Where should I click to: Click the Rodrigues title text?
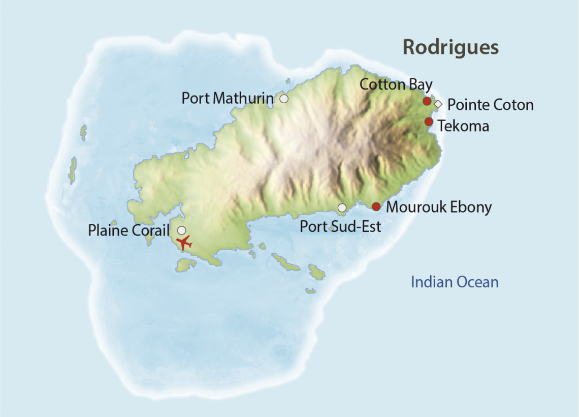coord(451,47)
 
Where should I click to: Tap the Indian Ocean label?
coord(455,282)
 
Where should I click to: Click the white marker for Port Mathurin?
coord(284,99)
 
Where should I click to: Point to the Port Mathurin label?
coord(227,98)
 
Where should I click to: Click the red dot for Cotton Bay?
coord(427,101)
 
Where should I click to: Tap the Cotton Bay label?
coord(396,84)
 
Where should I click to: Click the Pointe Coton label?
coord(490,105)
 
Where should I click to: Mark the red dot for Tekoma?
coord(429,122)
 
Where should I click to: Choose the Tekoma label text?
coord(463,126)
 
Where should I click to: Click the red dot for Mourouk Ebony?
coord(376,206)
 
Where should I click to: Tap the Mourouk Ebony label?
coord(439,207)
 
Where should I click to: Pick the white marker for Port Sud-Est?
coord(342,207)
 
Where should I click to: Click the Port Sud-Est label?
coord(340,226)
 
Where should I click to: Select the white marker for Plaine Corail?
coord(181,230)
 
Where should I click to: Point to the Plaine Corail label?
coord(128,230)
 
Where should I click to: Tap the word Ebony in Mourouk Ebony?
coord(471,207)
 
